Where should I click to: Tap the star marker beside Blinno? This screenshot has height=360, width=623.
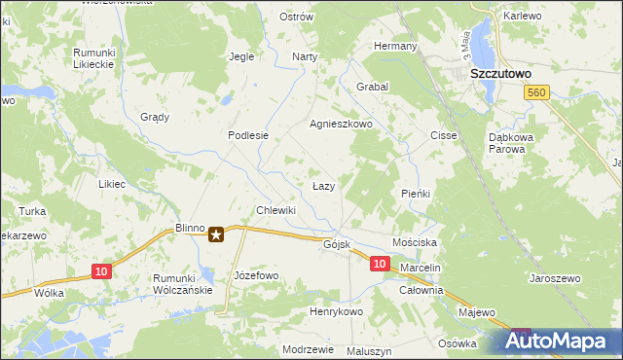click(x=217, y=234)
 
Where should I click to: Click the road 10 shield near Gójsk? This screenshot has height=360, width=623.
click(x=380, y=264)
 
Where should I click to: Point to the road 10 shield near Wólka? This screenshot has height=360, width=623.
click(x=101, y=271)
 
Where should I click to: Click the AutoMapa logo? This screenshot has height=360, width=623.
click(x=561, y=340)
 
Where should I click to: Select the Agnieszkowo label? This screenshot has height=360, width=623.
click(x=341, y=125)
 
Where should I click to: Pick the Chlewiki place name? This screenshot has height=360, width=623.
click(x=275, y=210)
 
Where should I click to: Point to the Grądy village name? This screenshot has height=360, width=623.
click(x=154, y=117)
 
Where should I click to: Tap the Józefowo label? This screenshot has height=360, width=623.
click(x=256, y=275)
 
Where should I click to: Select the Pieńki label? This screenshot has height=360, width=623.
click(x=416, y=194)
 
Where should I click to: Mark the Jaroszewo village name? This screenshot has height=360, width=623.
click(x=554, y=278)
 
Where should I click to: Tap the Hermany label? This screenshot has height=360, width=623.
click(x=396, y=46)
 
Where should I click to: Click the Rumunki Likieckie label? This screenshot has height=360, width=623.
click(x=94, y=57)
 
